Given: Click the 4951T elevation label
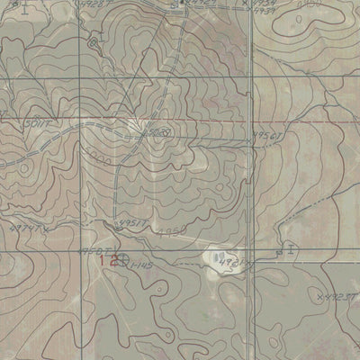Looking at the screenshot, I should tap(133, 220).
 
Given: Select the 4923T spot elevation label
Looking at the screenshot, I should tap(341, 293).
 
